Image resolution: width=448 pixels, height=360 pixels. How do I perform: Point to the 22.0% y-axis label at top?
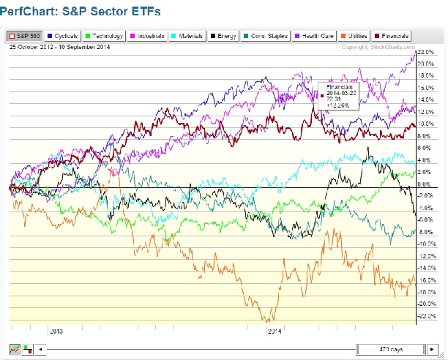426,52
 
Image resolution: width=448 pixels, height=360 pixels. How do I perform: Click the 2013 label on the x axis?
56,331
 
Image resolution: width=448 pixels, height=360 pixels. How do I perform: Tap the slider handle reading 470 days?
381,349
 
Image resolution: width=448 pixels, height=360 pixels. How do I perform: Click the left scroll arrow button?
40,349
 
